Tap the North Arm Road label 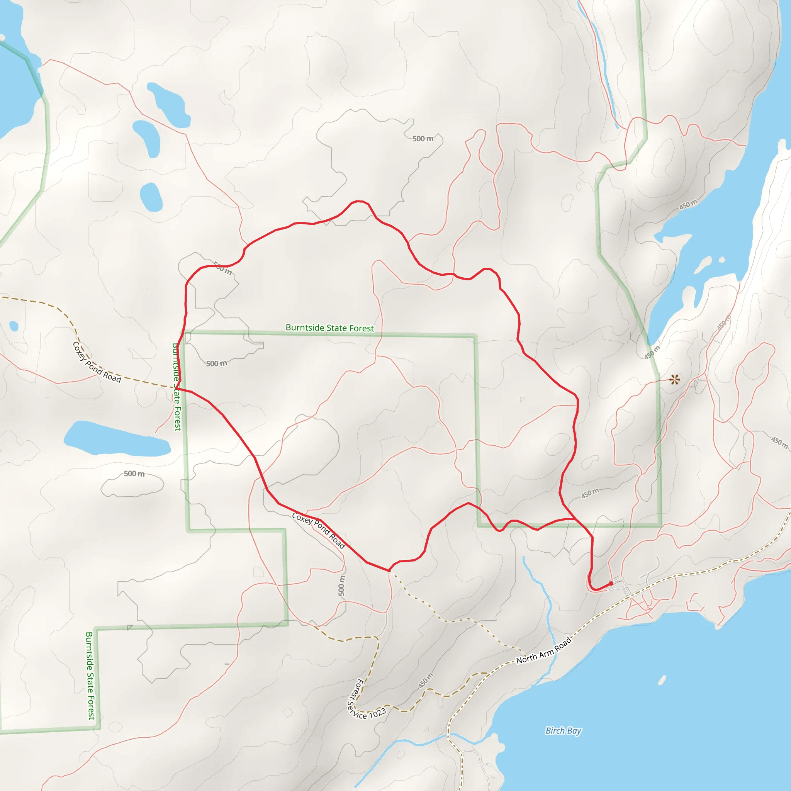[543, 650]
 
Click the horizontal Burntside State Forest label [329, 328]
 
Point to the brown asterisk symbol [674, 380]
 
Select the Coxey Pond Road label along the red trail [319, 530]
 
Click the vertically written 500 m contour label [341, 586]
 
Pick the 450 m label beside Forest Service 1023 [426, 681]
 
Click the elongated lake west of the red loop [117, 439]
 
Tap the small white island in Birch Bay [662, 680]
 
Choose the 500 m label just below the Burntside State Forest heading [216, 363]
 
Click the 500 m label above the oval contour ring [134, 474]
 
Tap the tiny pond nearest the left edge [14, 326]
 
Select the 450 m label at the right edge [779, 442]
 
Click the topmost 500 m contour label [423, 139]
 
